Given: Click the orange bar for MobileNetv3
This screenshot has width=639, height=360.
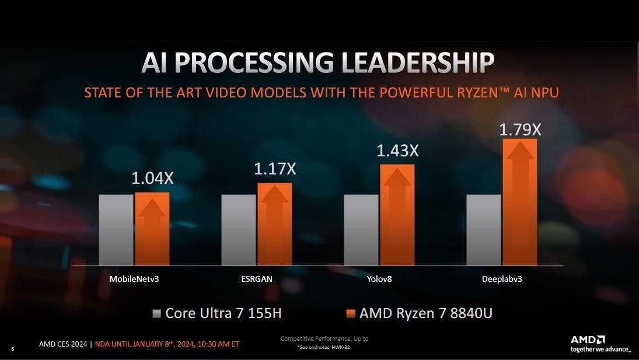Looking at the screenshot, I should point(152,229).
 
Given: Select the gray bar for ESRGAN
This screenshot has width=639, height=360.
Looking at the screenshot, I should point(238,230).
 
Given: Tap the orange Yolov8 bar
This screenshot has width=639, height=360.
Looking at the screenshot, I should point(397,215).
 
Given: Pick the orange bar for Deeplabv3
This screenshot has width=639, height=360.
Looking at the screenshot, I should point(519,202).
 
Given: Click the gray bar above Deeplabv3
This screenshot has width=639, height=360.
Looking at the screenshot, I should point(484,230).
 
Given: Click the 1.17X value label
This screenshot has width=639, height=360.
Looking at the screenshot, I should point(275,169).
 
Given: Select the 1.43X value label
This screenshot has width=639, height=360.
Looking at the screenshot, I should point(397,151).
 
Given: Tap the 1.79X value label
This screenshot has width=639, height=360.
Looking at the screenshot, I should point(520,129).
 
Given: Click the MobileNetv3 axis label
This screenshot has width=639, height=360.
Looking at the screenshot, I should point(134,279).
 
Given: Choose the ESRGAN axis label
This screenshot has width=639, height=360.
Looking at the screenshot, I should point(257,279).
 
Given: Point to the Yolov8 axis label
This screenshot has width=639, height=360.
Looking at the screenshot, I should point(379,279).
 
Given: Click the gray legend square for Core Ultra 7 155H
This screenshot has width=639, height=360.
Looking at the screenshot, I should point(156,314).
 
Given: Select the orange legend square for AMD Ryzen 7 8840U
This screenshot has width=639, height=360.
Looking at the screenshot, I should point(350,314).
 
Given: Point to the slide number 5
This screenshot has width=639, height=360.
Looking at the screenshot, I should point(13,349).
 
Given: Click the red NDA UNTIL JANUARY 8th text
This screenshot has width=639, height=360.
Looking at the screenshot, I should point(167,344).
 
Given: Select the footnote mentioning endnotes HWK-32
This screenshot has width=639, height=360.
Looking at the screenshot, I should point(324,347).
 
